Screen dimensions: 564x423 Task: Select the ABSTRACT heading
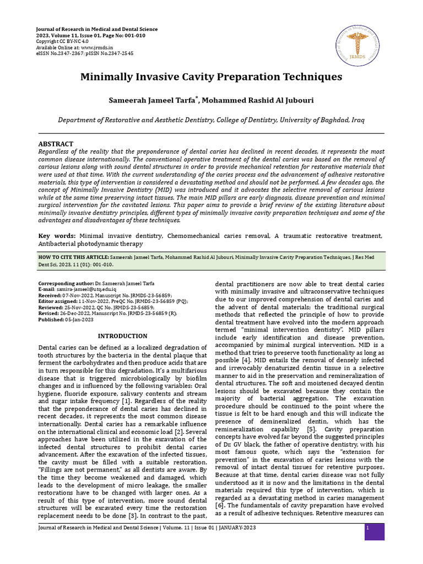[x=56, y=143]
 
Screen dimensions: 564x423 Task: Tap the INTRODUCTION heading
[x=122, y=336]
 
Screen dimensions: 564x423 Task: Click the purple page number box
[x=374, y=532]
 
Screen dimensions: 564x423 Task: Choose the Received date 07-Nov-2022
[x=77, y=295]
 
